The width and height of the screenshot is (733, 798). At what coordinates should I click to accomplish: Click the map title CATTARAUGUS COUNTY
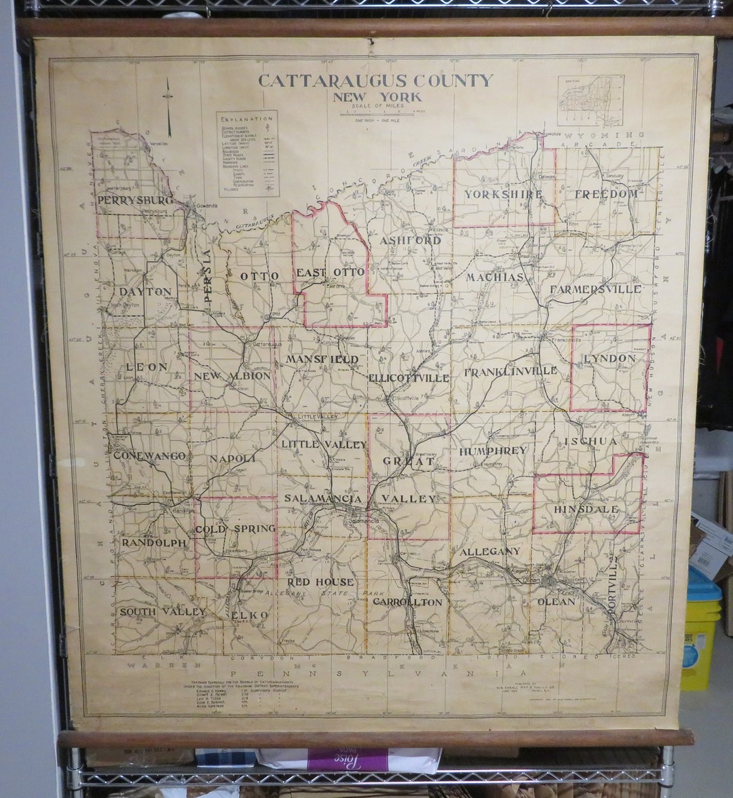(x=375, y=81)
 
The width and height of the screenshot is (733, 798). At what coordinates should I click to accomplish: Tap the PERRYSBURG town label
(x=136, y=200)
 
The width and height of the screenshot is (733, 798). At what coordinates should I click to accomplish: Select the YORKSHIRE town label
(x=504, y=194)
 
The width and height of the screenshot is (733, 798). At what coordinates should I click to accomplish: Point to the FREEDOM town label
(x=607, y=194)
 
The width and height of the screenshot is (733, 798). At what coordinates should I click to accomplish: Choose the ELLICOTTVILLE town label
(x=409, y=377)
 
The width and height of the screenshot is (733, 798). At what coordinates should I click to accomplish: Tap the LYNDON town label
(x=609, y=358)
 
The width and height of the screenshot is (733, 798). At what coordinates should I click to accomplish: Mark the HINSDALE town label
(x=586, y=509)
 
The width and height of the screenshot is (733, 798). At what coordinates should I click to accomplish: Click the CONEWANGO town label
(x=149, y=455)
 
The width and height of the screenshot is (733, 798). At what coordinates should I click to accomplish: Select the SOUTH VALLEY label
(x=162, y=611)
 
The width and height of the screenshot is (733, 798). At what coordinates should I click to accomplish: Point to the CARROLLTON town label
(x=407, y=602)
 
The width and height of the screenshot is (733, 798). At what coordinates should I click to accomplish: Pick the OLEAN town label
(x=556, y=601)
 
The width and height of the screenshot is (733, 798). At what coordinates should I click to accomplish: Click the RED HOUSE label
(x=320, y=582)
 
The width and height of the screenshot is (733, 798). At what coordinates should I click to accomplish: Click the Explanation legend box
(x=247, y=153)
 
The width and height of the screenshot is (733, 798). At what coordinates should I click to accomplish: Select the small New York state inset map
(x=590, y=100)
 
